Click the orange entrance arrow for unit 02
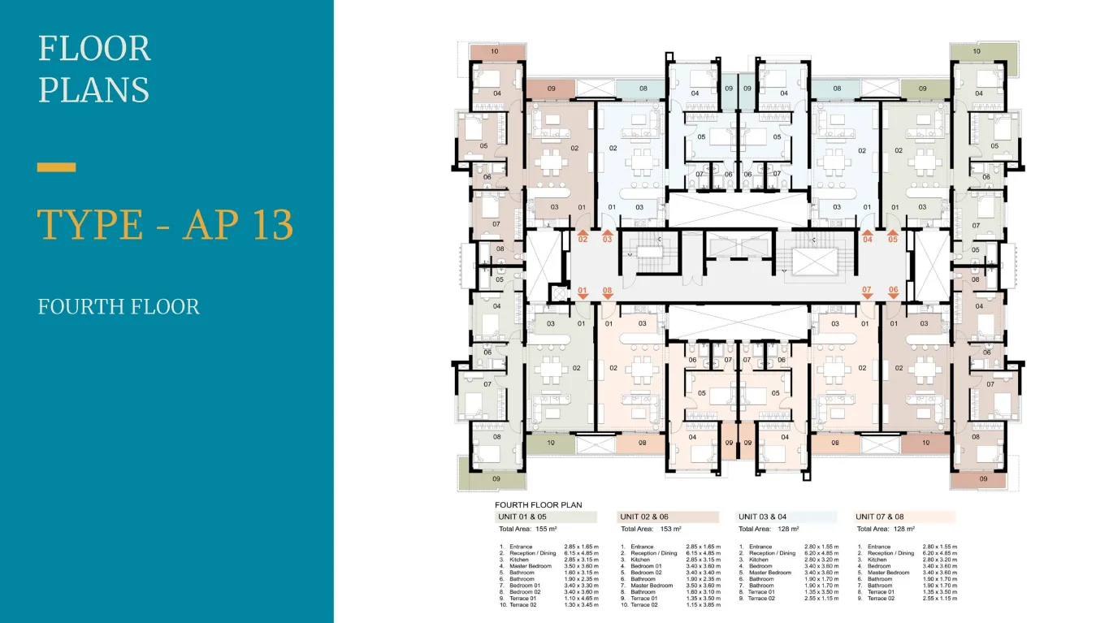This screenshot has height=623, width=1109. [x=583, y=237]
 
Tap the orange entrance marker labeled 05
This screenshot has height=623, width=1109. [x=893, y=237]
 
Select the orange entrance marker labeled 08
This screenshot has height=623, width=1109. [x=607, y=292]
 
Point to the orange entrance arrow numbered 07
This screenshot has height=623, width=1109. [x=867, y=292]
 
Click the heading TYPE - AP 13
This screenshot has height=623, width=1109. [x=166, y=225]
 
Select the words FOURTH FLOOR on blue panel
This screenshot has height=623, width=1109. [x=119, y=307]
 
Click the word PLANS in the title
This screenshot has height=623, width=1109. [x=93, y=89]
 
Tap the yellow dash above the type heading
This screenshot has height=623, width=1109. [x=57, y=167]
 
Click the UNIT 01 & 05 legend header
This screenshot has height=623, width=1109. [x=546, y=517]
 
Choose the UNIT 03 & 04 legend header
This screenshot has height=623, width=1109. [x=786, y=517]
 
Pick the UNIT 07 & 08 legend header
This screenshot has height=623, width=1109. [x=904, y=517]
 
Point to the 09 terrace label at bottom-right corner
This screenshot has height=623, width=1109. [x=981, y=480]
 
